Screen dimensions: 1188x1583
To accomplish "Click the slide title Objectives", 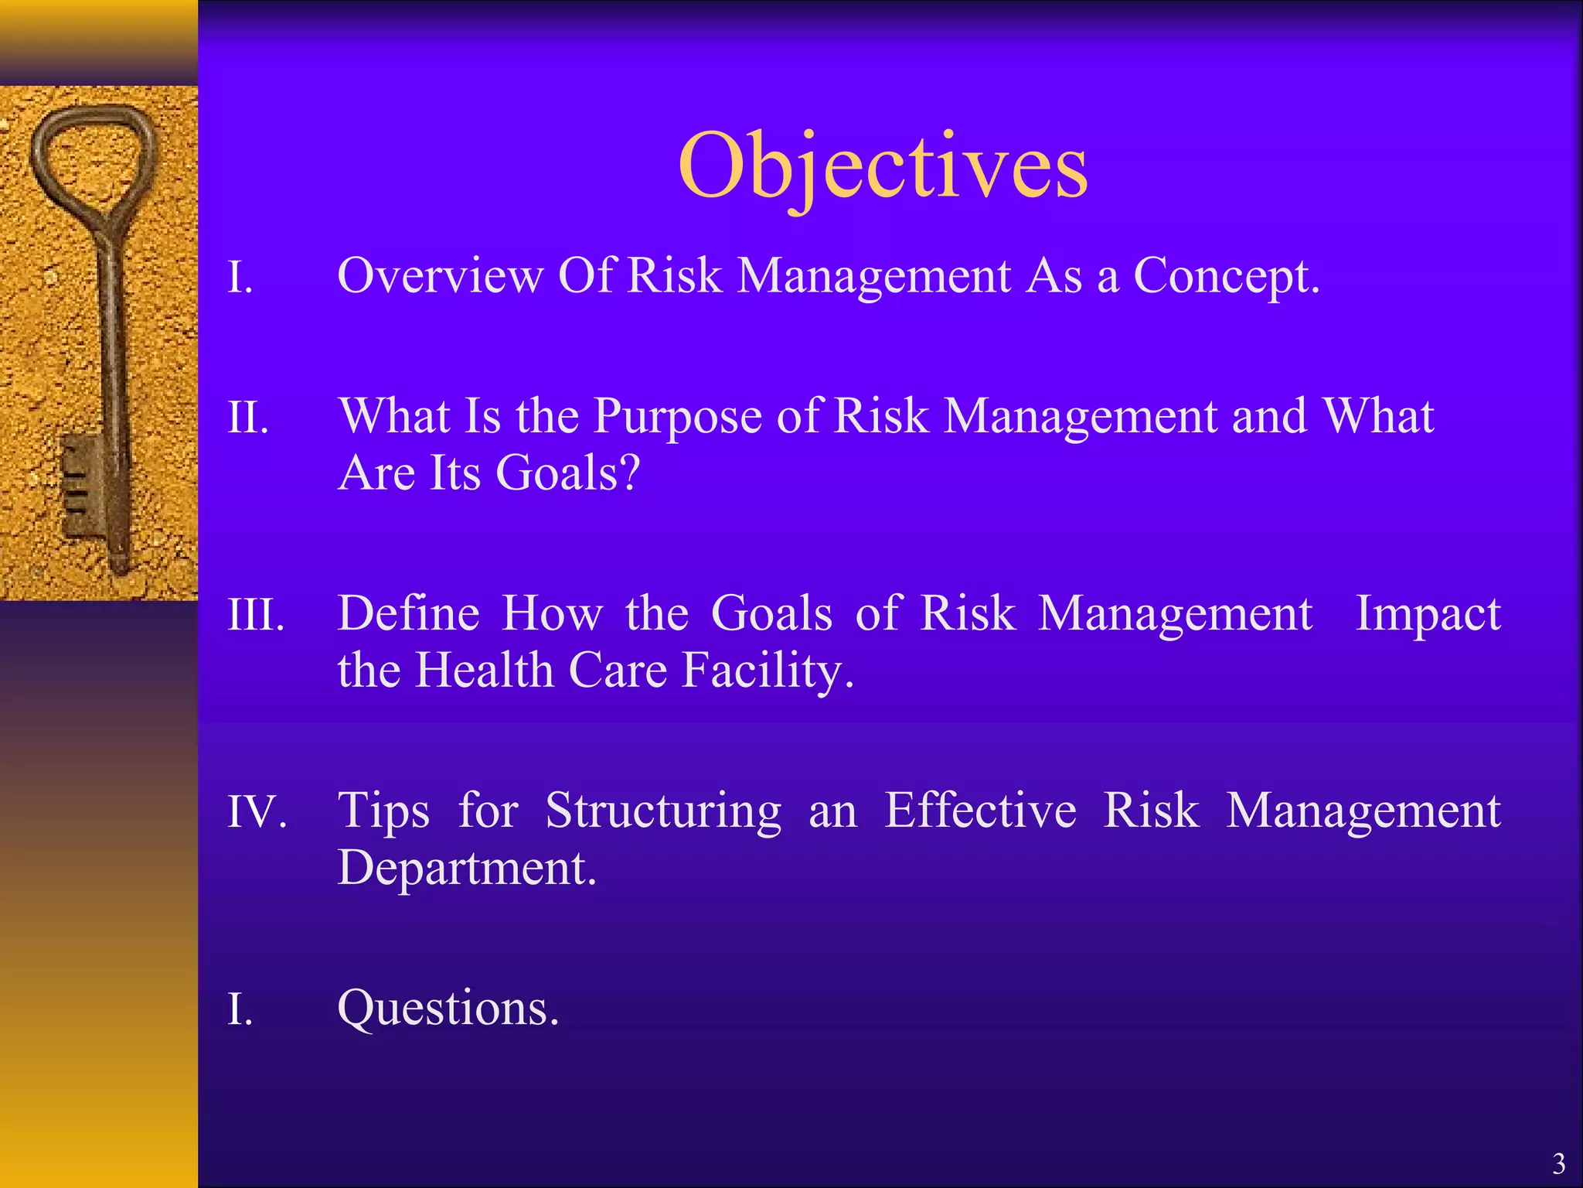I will coord(883,166).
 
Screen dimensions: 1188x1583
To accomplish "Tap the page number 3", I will coord(1558,1163).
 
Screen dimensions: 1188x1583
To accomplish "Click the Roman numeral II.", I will coord(247,418).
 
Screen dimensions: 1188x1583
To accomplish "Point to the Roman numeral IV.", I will coord(257,813).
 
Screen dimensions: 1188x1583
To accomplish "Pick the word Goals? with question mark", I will coord(567,473).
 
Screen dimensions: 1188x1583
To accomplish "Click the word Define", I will coord(409,614).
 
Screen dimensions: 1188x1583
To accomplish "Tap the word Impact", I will coord(1428,616).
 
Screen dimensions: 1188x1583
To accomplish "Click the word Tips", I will coord(383,813).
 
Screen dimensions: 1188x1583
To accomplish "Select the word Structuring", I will coord(663,813).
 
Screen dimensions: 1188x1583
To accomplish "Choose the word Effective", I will coord(980,811).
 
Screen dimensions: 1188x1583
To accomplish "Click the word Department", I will coord(467,868).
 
